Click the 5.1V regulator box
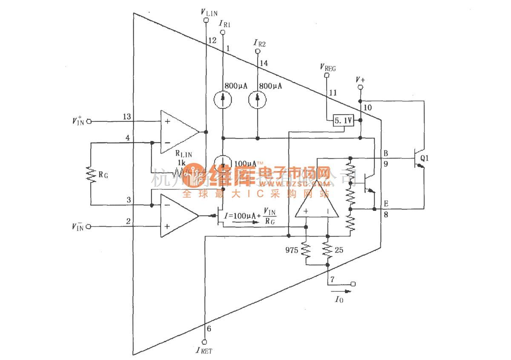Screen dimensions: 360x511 (x=343, y=121)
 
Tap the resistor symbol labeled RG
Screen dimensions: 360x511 (x=90, y=175)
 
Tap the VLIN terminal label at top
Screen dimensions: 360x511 (x=209, y=12)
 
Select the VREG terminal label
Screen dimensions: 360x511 (x=327, y=67)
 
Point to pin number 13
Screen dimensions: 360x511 (x=126, y=116)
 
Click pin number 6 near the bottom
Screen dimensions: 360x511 (x=209, y=328)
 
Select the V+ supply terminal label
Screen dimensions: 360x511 (x=360, y=80)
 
